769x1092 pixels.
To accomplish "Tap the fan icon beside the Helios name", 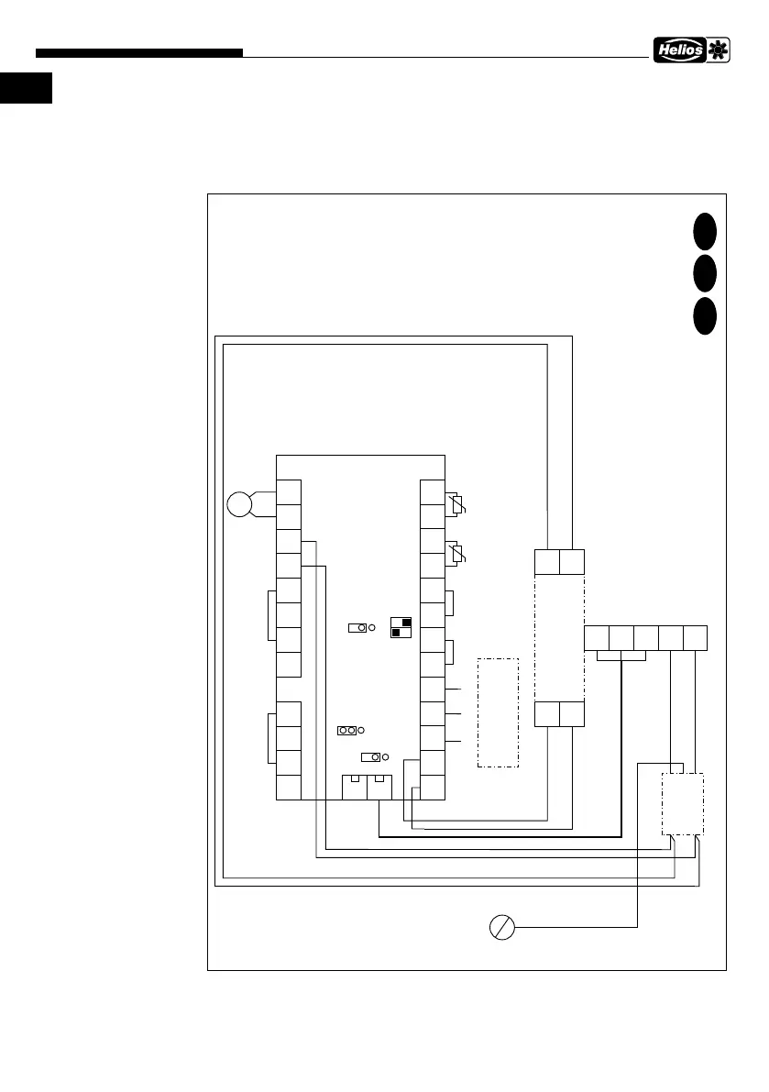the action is point(716,51).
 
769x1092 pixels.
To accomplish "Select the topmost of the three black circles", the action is point(704,230).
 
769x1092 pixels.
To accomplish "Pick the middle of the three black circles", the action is point(704,272).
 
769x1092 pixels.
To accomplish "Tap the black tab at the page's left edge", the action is point(26,89).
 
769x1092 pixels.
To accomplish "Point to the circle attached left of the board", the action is point(240,503).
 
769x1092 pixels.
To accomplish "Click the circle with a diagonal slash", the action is point(501,928).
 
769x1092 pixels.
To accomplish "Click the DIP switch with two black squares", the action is point(401,626).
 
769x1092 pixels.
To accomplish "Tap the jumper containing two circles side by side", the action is point(347,730).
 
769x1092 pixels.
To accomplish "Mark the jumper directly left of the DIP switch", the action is point(357,627).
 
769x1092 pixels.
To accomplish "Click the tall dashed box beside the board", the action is point(498,712).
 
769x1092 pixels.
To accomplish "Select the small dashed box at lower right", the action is point(683,803).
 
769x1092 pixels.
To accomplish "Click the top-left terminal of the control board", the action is point(289,491).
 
